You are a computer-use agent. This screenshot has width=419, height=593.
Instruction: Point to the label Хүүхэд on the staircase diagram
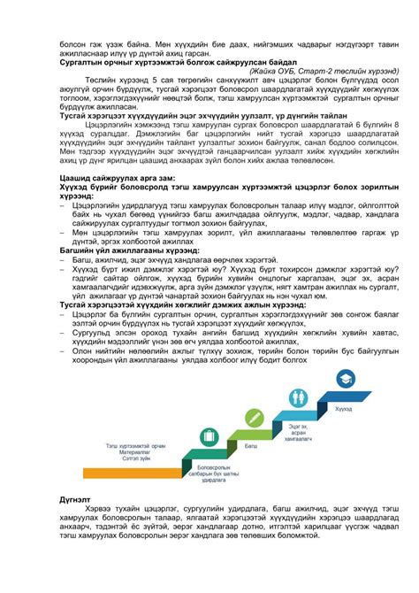[342, 409]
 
